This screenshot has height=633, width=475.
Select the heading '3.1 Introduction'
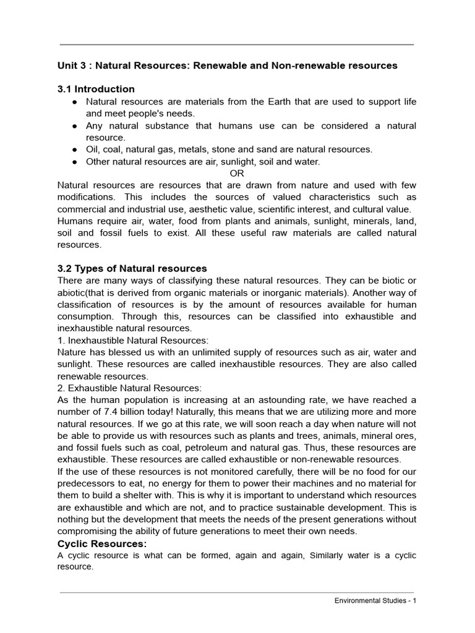point(96,89)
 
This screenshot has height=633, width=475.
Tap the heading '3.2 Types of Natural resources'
point(132,268)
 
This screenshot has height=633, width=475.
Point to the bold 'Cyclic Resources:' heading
point(102,543)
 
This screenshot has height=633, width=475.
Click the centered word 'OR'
point(237,173)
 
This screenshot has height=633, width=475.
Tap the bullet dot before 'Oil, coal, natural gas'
point(74,150)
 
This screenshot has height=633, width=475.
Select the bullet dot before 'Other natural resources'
point(74,161)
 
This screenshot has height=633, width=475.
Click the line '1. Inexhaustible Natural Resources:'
point(133,341)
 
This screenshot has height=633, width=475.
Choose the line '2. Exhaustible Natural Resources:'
point(129,388)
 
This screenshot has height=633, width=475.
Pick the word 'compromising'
point(85,531)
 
